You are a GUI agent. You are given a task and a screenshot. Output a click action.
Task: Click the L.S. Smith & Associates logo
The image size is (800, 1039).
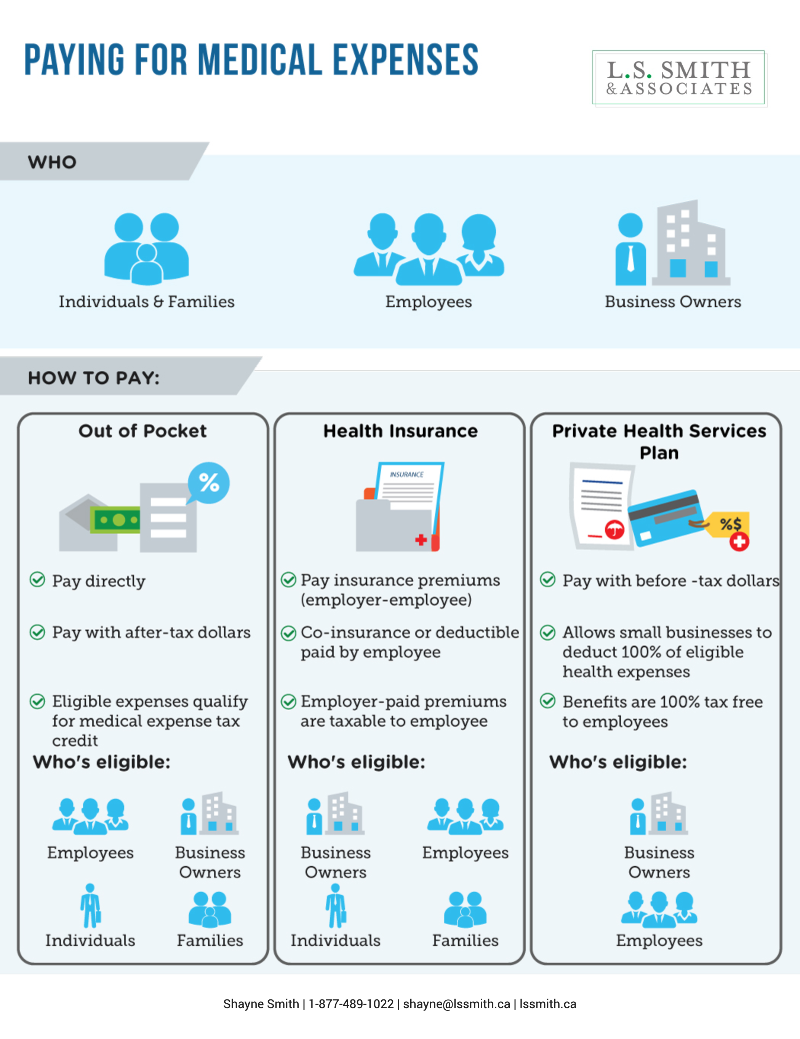click(678, 78)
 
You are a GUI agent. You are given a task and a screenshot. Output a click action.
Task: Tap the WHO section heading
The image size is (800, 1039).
click(52, 162)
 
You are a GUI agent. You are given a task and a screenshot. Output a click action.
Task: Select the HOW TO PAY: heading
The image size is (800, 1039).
click(94, 378)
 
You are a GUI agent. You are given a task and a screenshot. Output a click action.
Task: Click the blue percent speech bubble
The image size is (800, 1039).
click(208, 483)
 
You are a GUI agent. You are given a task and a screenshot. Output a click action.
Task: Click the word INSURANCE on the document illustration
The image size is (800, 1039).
click(406, 474)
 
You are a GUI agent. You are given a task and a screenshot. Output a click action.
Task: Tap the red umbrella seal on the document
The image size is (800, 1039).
click(614, 529)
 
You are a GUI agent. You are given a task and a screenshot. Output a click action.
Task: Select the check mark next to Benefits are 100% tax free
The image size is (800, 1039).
click(548, 701)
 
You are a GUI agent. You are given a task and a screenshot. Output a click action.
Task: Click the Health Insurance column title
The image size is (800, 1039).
click(400, 431)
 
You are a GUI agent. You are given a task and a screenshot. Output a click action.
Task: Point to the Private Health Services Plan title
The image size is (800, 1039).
click(659, 441)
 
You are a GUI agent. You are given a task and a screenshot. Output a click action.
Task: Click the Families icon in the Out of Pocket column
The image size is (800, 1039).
click(210, 909)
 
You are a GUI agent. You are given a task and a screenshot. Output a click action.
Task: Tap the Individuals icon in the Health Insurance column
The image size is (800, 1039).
click(336, 906)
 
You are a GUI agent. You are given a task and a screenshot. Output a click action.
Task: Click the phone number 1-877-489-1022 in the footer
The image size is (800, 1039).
click(351, 1004)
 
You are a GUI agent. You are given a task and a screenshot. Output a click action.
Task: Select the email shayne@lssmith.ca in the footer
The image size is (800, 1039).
click(456, 1004)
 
